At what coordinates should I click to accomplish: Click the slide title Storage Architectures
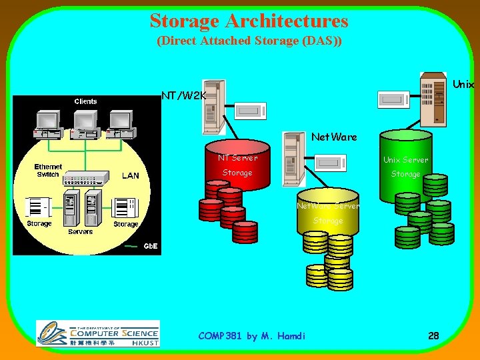[x=249, y=21]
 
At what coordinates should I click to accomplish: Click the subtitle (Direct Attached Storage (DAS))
[x=249, y=41]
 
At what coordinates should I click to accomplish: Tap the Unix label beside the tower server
[x=463, y=85]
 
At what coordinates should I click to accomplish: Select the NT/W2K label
[x=184, y=96]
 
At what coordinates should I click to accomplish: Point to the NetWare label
[x=334, y=137]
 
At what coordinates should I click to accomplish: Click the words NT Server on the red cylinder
[x=237, y=158]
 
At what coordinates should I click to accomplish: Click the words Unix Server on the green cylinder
[x=405, y=160]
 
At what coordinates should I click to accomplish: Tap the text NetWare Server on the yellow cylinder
[x=328, y=206]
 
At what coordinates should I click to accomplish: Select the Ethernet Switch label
[x=48, y=171]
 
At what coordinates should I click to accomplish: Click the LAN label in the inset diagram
[x=130, y=176]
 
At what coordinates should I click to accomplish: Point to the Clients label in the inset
[x=85, y=101]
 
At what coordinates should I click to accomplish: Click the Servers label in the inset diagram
[x=80, y=232]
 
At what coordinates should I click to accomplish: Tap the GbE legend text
[x=151, y=246]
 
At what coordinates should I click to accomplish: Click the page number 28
[x=433, y=336]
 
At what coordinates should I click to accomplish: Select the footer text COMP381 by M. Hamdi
[x=251, y=336]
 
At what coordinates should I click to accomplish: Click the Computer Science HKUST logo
[x=98, y=333]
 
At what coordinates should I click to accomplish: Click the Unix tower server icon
[x=433, y=99]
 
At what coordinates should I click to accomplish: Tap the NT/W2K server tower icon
[x=213, y=111]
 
